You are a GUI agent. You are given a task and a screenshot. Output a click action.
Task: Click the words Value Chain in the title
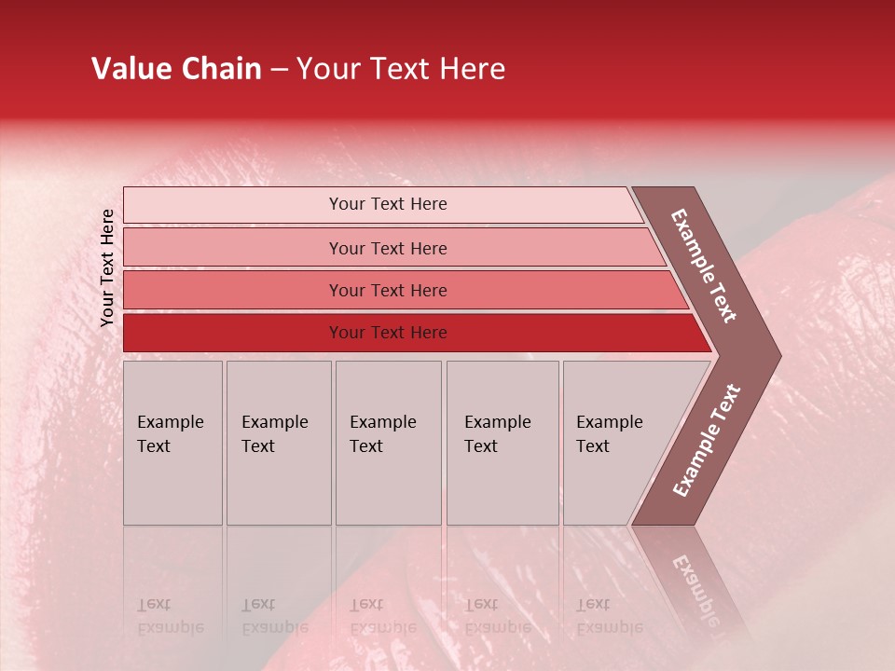pyautogui.click(x=176, y=69)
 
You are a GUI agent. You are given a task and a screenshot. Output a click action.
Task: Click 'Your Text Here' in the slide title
pyautogui.click(x=401, y=69)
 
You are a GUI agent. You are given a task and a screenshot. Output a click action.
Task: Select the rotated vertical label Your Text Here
pyautogui.click(x=107, y=267)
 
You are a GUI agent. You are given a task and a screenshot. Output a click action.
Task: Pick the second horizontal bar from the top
pyautogui.click(x=388, y=248)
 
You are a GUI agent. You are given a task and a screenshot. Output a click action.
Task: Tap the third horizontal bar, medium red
pyautogui.click(x=388, y=290)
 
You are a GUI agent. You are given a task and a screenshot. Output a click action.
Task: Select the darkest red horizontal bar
pyautogui.click(x=388, y=333)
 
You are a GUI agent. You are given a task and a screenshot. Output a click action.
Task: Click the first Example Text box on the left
pyautogui.click(x=172, y=443)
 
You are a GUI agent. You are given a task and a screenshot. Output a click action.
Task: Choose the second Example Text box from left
pyautogui.click(x=278, y=443)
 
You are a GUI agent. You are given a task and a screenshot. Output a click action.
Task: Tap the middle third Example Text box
pyautogui.click(x=387, y=443)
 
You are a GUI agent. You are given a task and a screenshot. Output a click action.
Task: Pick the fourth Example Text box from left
pyautogui.click(x=502, y=443)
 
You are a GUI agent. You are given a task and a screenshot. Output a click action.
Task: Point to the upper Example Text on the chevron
pyautogui.click(x=704, y=266)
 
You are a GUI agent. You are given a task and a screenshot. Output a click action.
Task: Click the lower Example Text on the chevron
pyautogui.click(x=706, y=441)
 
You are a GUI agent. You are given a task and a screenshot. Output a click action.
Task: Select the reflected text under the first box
pyautogui.click(x=170, y=616)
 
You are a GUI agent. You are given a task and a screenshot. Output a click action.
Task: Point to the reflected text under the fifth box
pyautogui.click(x=608, y=616)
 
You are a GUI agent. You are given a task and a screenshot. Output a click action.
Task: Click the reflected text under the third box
pyautogui.click(x=382, y=616)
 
